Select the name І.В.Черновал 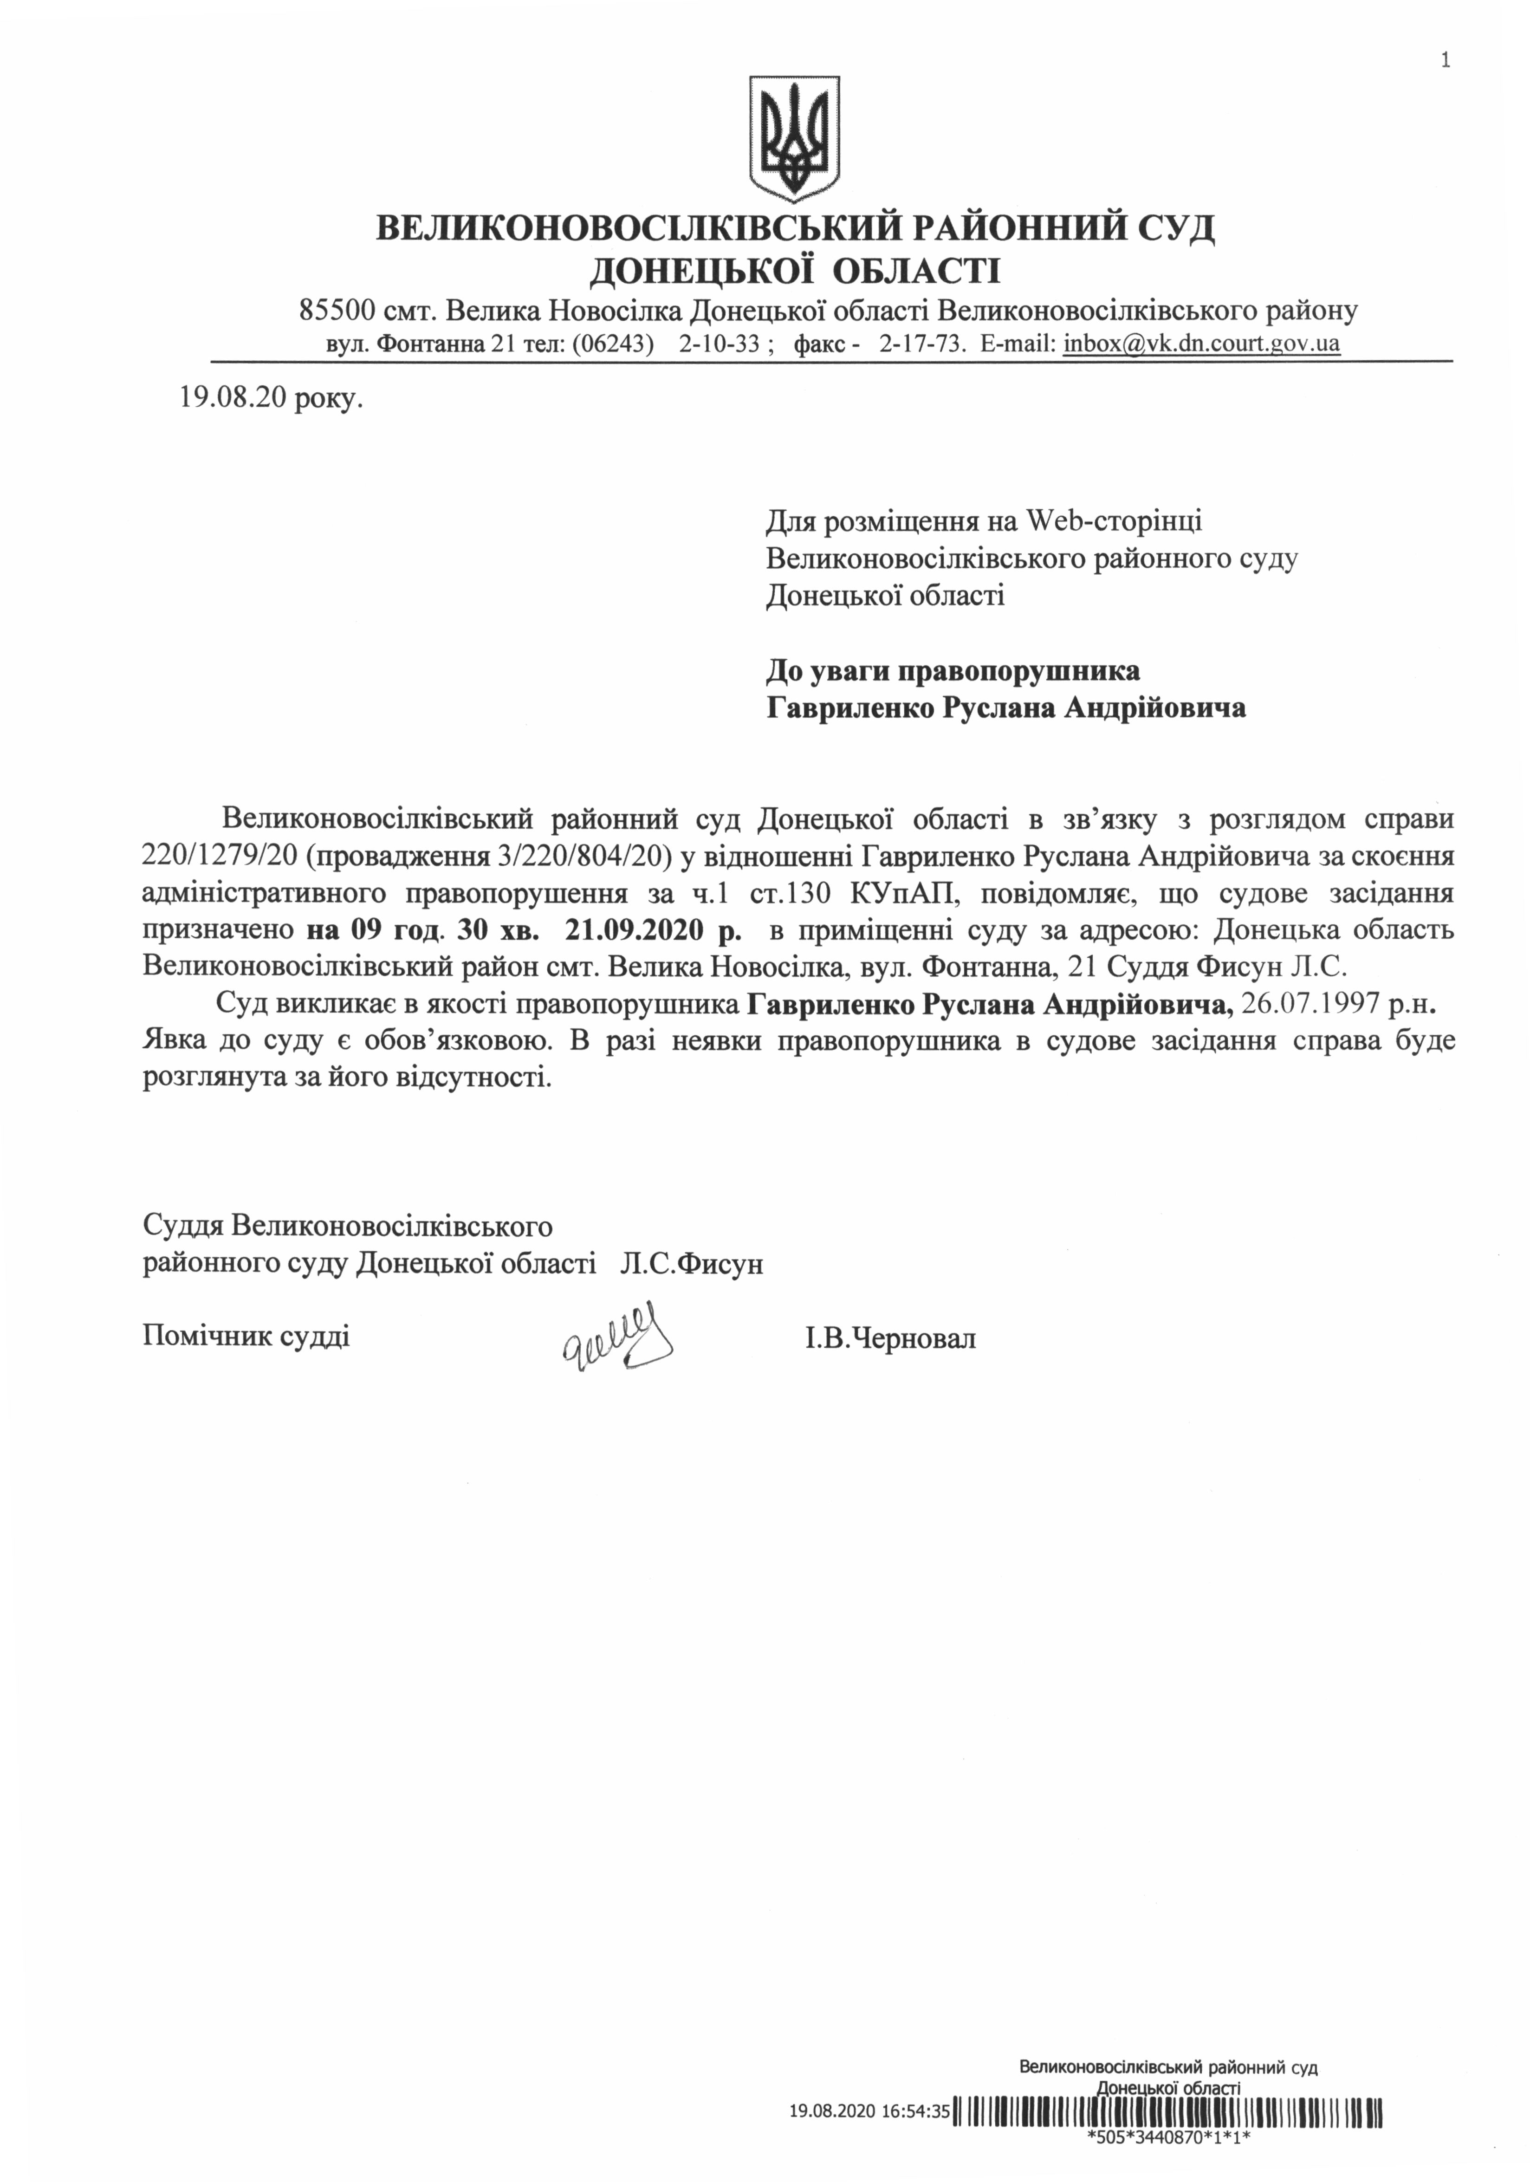click(889, 1339)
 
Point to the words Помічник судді click(246, 1336)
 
